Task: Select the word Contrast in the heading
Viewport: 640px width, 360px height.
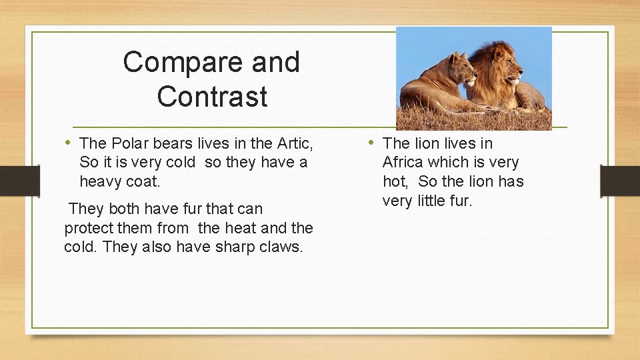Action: (212, 97)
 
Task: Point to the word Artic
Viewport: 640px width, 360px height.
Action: (295, 143)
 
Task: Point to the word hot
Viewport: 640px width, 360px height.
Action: (395, 181)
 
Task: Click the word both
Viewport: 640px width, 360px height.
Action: (129, 209)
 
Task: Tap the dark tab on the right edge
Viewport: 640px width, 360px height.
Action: (620, 181)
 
